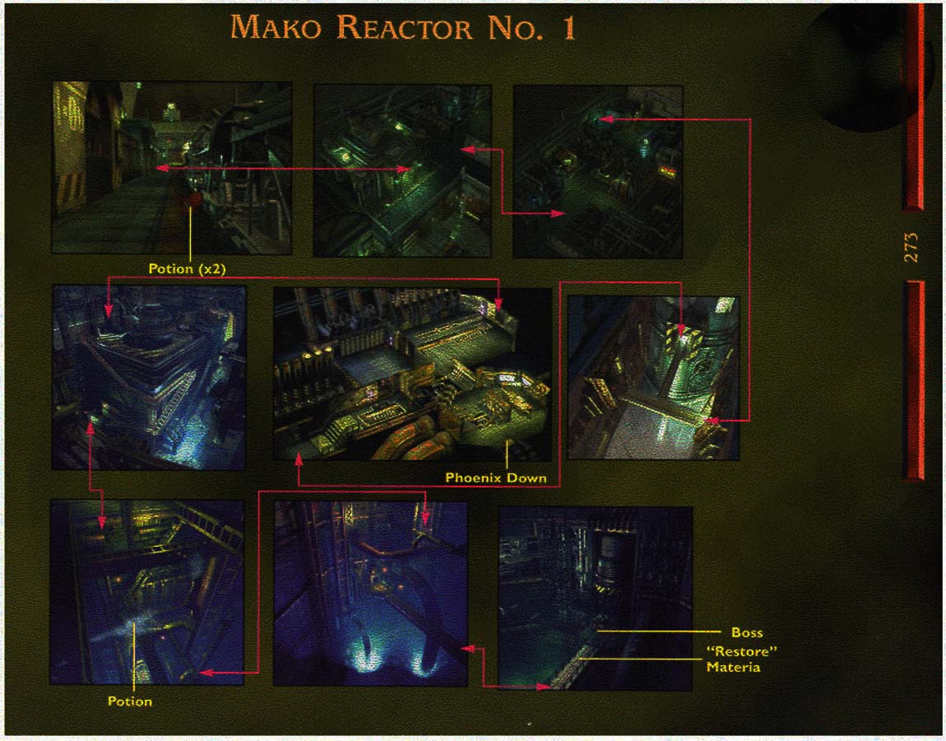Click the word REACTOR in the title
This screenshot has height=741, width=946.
click(x=404, y=28)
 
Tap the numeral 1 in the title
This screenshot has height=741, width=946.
click(x=569, y=28)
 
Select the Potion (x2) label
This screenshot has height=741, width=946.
click(x=187, y=268)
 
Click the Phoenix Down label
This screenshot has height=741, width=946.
click(x=496, y=478)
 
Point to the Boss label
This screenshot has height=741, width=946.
click(x=747, y=632)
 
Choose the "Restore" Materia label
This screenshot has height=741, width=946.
click(x=741, y=659)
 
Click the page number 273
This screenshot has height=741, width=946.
click(x=911, y=247)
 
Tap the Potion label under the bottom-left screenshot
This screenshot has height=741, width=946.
click(x=130, y=701)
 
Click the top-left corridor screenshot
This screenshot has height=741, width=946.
click(x=172, y=167)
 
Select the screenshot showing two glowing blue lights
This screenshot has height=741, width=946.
click(x=370, y=594)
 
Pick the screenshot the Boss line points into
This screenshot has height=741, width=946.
click(x=596, y=598)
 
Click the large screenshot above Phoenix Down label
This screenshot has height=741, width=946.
click(x=413, y=375)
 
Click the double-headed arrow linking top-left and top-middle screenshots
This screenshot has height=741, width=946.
click(x=283, y=169)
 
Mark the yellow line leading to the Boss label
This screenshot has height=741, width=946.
click(x=659, y=631)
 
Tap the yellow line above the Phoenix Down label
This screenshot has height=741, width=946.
click(x=507, y=454)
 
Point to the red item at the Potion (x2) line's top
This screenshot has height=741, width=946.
click(x=192, y=201)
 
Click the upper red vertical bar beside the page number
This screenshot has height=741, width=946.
click(x=913, y=106)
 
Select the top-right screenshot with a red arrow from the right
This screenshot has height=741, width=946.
click(x=598, y=171)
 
